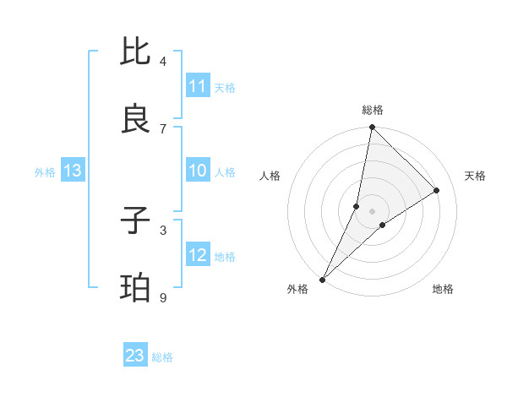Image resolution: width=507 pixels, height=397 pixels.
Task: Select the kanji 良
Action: pyautogui.click(x=136, y=119)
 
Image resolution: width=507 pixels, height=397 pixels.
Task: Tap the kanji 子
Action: pyautogui.click(x=136, y=220)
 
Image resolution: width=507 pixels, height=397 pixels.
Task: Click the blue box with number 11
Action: pyautogui.click(x=198, y=86)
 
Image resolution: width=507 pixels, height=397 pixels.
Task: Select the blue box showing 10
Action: pyautogui.click(x=198, y=171)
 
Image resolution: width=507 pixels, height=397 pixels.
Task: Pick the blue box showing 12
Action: pyautogui.click(x=198, y=256)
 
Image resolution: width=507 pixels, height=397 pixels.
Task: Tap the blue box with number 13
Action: pyautogui.click(x=73, y=171)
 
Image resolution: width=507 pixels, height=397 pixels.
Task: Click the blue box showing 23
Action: pyautogui.click(x=135, y=356)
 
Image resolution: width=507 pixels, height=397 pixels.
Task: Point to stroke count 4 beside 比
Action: pyautogui.click(x=163, y=61)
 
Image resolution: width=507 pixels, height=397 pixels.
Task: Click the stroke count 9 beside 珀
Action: pyautogui.click(x=163, y=297)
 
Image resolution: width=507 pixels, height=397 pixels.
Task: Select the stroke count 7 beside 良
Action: pyautogui.click(x=163, y=128)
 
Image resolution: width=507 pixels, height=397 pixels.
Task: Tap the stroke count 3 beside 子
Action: pyautogui.click(x=163, y=230)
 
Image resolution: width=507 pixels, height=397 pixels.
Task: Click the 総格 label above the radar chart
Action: pyautogui.click(x=372, y=110)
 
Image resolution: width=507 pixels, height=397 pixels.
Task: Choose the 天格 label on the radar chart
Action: pyautogui.click(x=475, y=176)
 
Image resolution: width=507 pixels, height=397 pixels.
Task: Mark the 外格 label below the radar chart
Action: pyautogui.click(x=297, y=289)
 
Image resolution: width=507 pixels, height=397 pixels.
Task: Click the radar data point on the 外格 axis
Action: pyautogui.click(x=322, y=279)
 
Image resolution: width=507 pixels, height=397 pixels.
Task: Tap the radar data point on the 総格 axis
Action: pyautogui.click(x=372, y=127)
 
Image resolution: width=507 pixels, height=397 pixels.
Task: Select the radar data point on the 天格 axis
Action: pyautogui.click(x=437, y=190)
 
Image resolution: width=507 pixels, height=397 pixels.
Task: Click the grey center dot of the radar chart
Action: pyautogui.click(x=372, y=211)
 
